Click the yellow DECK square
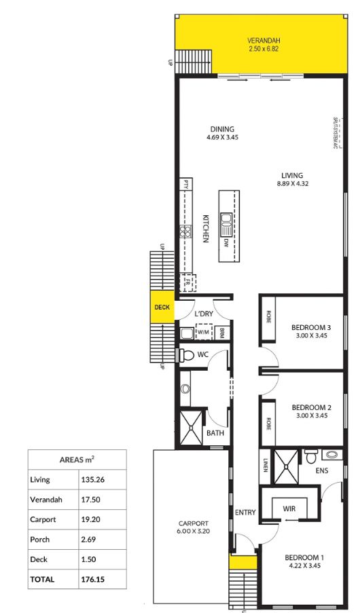pyautogui.click(x=162, y=307)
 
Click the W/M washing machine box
pyautogui.click(x=203, y=333)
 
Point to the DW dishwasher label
pyautogui.click(x=226, y=242)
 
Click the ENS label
pyautogui.click(x=323, y=470)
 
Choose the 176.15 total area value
pyautogui.click(x=93, y=580)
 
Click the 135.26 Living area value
pyautogui.click(x=93, y=480)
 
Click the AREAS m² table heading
pyautogui.click(x=76, y=460)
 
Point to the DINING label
pyautogui.click(x=222, y=129)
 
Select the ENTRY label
pyautogui.click(x=245, y=512)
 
